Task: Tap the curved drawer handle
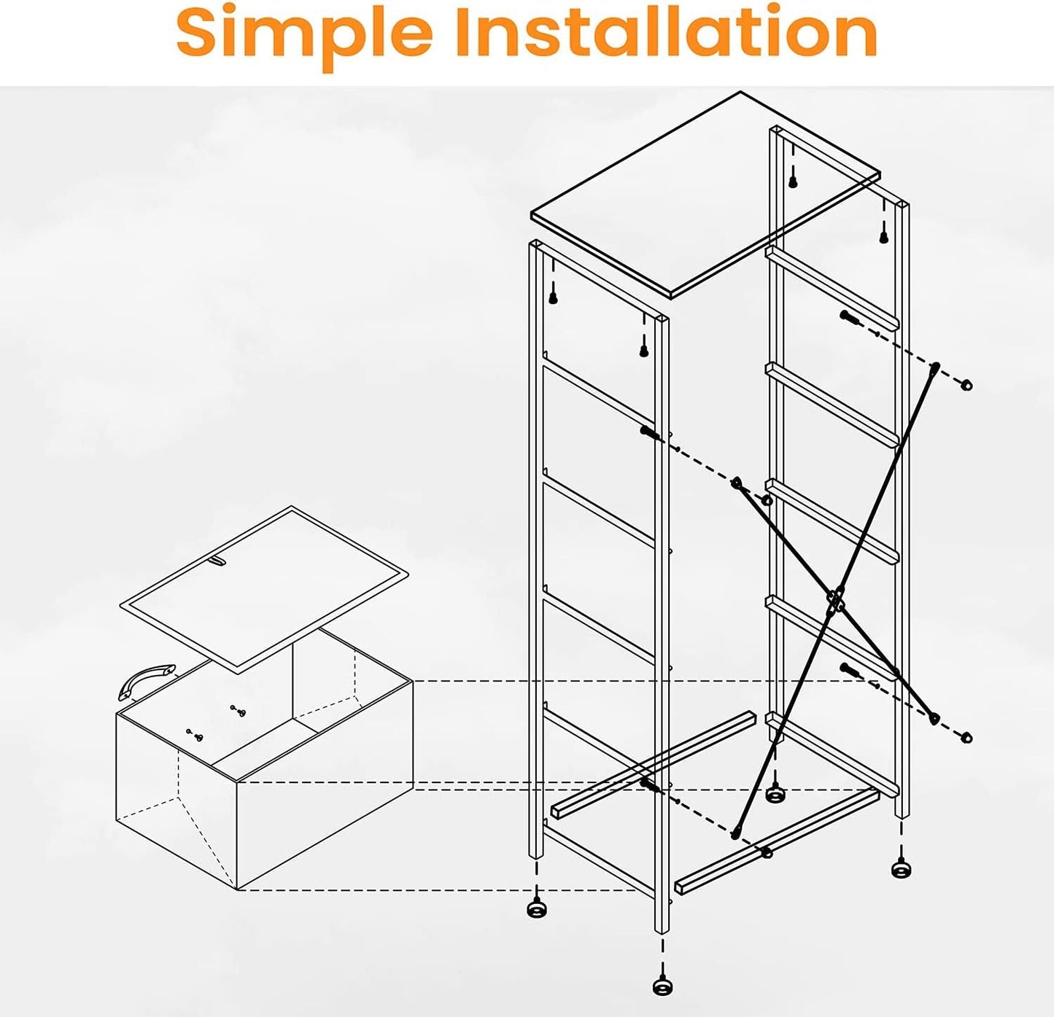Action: [146, 681]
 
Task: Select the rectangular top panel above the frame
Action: [705, 195]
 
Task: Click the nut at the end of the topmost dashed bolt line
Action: [965, 385]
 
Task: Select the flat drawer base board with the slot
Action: [263, 589]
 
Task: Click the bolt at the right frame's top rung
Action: [850, 318]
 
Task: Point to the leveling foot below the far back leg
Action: [776, 793]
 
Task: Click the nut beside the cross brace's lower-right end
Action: [965, 737]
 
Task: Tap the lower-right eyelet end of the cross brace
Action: [934, 718]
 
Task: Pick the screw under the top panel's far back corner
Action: [793, 182]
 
